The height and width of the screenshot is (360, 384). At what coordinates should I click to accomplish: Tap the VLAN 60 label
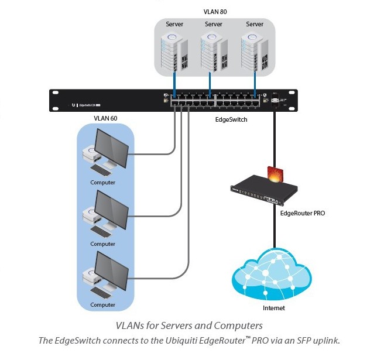[x=105, y=118]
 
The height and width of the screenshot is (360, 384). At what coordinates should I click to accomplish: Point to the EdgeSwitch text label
[x=232, y=119]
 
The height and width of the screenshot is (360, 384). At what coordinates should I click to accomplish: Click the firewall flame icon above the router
[x=275, y=174]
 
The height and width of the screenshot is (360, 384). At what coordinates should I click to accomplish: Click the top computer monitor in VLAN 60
[x=111, y=148]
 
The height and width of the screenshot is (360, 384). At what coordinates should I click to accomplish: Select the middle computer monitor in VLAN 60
[x=111, y=209]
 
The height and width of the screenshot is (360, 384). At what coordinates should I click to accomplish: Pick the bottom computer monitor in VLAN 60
[x=111, y=270]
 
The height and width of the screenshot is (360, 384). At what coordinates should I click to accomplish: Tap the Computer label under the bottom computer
[x=103, y=305]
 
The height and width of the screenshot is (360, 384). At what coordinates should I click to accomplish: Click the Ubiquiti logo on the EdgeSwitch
[x=74, y=105]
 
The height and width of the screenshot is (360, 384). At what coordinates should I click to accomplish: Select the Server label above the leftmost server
[x=174, y=24]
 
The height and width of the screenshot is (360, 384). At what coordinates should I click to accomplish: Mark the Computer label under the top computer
[x=103, y=183]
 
